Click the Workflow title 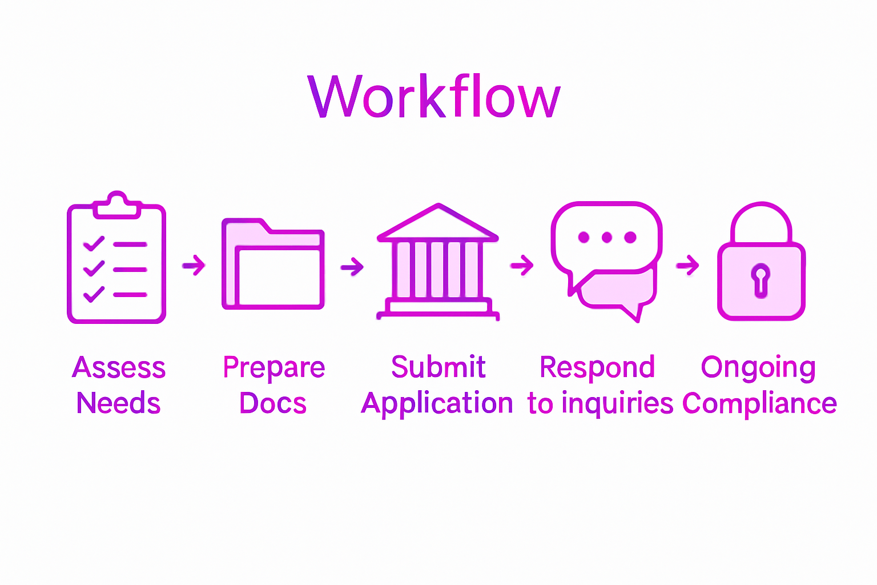click(434, 97)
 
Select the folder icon click(273, 264)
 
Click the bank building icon click(438, 263)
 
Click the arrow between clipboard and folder click(194, 265)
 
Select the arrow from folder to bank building click(352, 266)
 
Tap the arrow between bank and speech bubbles click(522, 265)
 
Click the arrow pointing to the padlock click(687, 265)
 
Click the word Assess click(119, 367)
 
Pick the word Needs click(119, 403)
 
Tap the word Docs click(273, 403)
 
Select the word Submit click(438, 367)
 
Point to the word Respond click(597, 367)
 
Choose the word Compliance click(759, 403)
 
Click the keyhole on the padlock click(761, 280)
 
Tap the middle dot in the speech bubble click(607, 237)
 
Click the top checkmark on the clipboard click(94, 244)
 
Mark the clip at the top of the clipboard click(117, 205)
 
